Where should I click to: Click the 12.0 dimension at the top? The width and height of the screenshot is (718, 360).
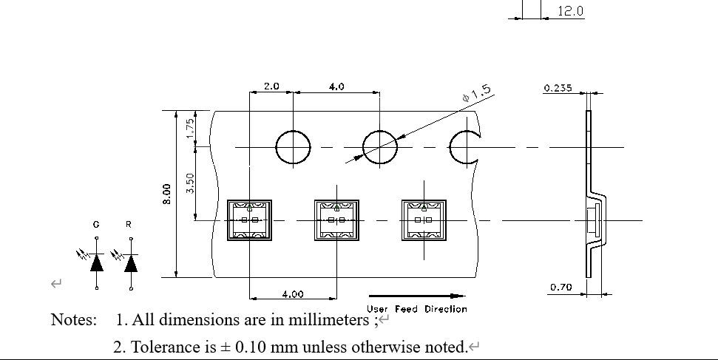point(570,11)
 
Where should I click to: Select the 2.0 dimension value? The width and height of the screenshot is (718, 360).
point(271,86)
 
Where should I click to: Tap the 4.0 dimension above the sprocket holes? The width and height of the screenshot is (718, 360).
point(336,86)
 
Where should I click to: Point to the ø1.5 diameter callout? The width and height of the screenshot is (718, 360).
point(476,94)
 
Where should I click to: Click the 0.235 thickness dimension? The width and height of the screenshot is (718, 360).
point(558,88)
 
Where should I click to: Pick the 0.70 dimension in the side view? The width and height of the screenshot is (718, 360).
point(560,287)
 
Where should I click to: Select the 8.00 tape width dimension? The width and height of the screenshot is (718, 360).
point(168,194)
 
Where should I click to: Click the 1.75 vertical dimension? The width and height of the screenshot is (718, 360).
point(190,129)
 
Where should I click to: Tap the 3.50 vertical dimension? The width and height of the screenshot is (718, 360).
point(190,183)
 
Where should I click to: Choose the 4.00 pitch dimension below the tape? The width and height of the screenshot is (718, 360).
point(292,293)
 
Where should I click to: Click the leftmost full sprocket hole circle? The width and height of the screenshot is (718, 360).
point(293,147)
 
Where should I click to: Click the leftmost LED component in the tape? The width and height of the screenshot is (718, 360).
point(249,220)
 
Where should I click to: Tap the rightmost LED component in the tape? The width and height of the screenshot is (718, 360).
point(424,220)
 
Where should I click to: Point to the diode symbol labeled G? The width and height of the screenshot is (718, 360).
point(97,262)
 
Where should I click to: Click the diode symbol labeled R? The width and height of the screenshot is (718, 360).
point(131,262)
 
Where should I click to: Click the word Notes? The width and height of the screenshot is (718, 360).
point(73,320)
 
